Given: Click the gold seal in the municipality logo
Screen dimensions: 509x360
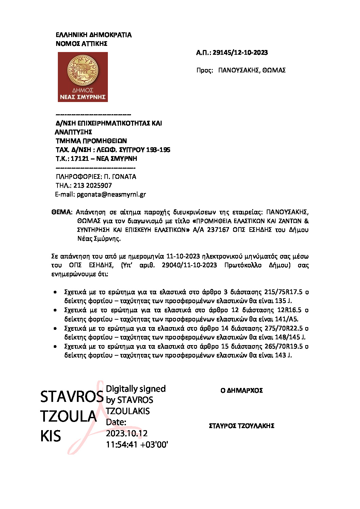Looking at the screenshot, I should tap(83, 70).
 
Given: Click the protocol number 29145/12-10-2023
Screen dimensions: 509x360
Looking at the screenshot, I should tap(240, 53).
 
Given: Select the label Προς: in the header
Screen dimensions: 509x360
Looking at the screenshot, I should tap(204, 70).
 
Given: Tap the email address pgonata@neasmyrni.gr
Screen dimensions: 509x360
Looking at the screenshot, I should tap(111, 194).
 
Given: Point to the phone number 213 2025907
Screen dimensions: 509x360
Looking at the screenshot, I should tap(93, 186).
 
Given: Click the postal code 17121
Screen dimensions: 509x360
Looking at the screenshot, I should tap(80, 159).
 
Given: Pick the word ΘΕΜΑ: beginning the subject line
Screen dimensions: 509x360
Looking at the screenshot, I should tap(62, 212).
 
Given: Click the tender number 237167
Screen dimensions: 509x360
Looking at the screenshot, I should tap(218, 230).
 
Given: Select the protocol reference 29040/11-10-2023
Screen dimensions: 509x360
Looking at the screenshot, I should tap(189, 265).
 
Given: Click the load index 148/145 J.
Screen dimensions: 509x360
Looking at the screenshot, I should tap(290, 337).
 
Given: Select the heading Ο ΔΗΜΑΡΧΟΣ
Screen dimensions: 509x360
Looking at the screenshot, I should tap(242, 391).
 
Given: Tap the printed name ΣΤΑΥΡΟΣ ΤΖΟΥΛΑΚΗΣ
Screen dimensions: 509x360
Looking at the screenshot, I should tap(242, 426).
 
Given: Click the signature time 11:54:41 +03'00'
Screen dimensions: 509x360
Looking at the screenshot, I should tap(137, 445).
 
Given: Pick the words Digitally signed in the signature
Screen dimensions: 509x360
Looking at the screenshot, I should tap(136, 389).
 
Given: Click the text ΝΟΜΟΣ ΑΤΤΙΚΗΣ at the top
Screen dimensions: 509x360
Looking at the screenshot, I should tap(82, 44).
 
